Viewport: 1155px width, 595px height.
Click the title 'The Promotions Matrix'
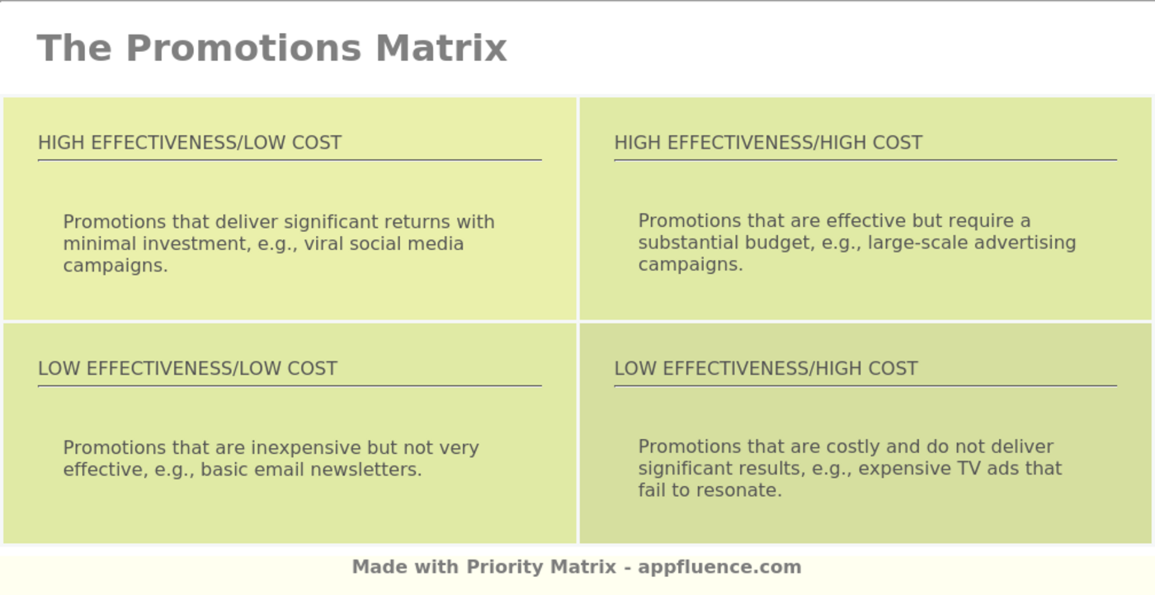tap(271, 48)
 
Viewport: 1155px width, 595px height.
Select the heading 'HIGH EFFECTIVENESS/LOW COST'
tap(190, 143)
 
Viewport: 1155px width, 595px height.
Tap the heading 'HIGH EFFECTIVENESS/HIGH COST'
tap(768, 143)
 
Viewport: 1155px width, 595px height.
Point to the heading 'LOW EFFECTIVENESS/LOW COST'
tap(187, 369)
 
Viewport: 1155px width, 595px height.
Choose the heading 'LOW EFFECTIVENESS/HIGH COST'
tap(766, 369)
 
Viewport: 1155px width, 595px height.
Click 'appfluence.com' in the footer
tap(719, 567)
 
